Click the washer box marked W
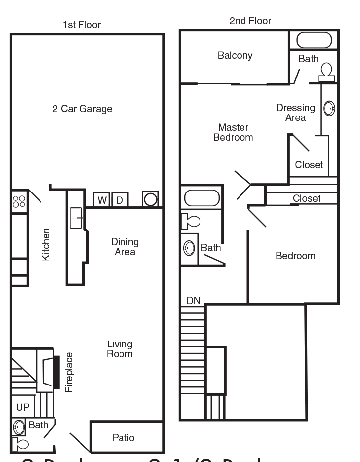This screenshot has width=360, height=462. click(x=102, y=200)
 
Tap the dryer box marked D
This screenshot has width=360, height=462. click(x=120, y=200)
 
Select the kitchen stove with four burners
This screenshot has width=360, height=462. click(x=19, y=201)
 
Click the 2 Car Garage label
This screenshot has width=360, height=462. click(x=82, y=109)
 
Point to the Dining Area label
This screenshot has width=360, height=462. click(x=124, y=247)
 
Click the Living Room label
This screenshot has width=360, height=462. click(x=120, y=349)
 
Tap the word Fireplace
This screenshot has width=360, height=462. click(x=69, y=372)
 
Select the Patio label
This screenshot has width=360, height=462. click(x=123, y=438)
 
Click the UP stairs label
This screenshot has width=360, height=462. click(x=23, y=407)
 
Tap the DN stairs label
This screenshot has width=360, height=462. click(x=193, y=300)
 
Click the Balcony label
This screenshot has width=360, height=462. click(x=235, y=56)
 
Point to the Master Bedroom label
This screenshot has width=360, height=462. click(x=233, y=132)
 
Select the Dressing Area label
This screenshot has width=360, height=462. click(x=295, y=113)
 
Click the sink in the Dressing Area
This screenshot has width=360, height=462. click(x=329, y=108)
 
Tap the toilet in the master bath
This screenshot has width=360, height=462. click(x=326, y=72)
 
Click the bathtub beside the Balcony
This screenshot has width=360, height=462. click(x=314, y=40)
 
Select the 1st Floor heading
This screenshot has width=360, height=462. click(x=81, y=24)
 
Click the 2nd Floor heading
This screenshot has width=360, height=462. click(x=250, y=21)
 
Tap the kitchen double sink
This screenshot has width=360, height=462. click(x=77, y=218)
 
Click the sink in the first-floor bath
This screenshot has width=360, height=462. click(x=19, y=426)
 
